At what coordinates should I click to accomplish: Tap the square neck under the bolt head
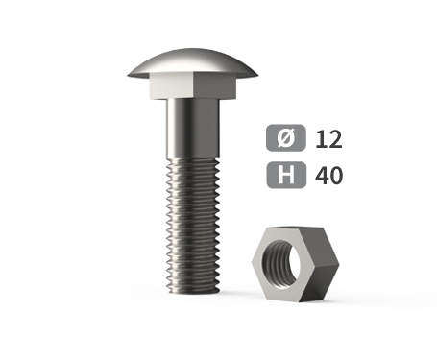[193, 85]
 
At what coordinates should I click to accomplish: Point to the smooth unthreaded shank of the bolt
[193, 128]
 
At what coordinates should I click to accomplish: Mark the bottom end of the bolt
[193, 292]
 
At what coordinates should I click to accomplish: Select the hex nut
[295, 264]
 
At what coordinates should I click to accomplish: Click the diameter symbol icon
[286, 137]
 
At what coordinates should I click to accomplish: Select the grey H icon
[286, 175]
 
